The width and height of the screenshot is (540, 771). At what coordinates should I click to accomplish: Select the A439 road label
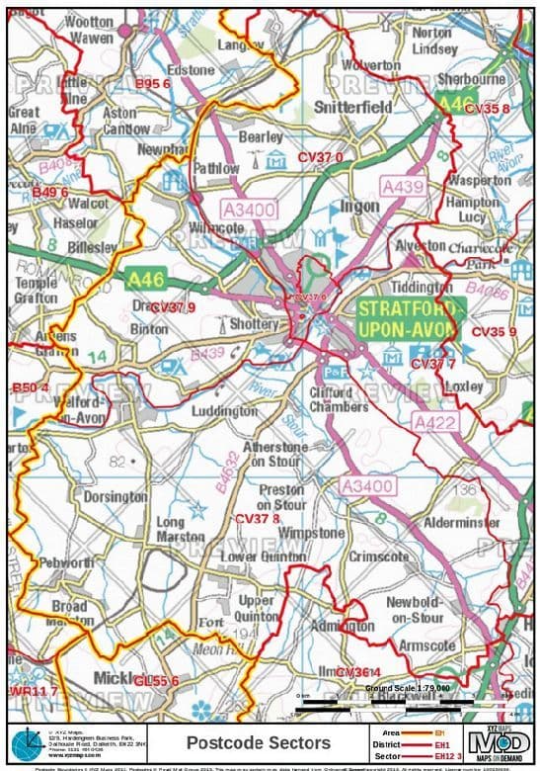point(403,186)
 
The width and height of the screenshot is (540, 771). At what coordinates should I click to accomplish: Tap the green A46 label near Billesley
point(144,281)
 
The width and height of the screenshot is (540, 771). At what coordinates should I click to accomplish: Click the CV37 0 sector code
point(321,157)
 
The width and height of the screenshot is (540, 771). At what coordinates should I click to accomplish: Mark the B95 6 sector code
point(153,85)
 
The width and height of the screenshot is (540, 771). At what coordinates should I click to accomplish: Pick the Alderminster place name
point(461,522)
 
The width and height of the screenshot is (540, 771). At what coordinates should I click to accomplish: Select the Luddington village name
point(225,410)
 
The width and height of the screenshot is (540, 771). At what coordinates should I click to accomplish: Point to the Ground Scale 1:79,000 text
point(407,687)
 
